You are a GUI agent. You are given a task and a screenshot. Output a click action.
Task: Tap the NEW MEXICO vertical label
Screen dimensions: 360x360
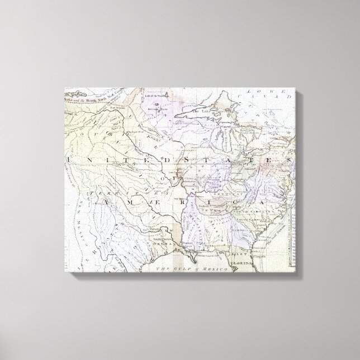84,215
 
